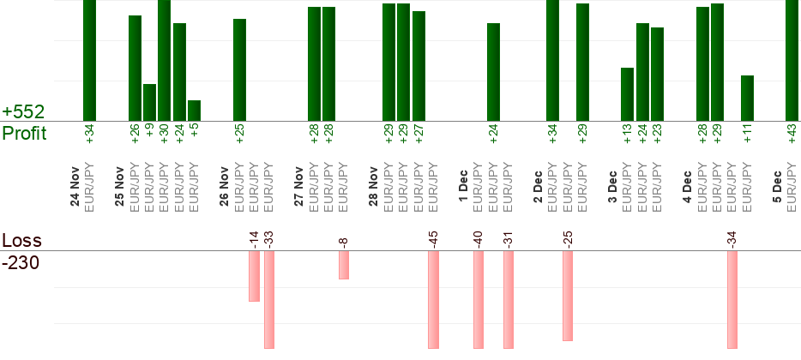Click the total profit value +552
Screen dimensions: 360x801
point(23,112)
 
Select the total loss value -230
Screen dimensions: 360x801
point(21,262)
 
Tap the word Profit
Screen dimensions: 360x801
point(24,134)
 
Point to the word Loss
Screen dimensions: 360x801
point(21,241)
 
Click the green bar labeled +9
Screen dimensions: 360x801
point(149,102)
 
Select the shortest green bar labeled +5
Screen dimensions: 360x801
point(194,111)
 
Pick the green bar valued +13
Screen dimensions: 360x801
point(627,94)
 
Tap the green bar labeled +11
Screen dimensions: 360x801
point(747,98)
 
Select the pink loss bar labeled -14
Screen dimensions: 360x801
point(254,276)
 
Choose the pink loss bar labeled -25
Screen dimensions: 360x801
point(567,296)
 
